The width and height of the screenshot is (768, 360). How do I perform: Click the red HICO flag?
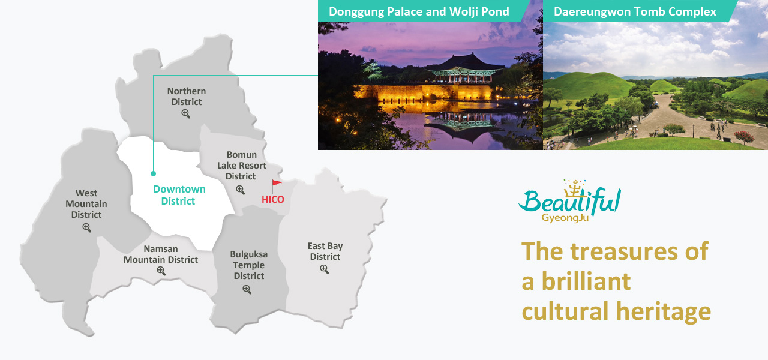click(x=276, y=185)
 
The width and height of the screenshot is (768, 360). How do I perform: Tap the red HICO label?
click(x=273, y=200)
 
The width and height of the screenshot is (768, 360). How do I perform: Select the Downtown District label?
click(x=179, y=195)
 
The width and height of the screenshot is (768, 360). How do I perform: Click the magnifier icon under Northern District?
click(x=186, y=114)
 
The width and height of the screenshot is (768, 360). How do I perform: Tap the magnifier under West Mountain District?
click(x=87, y=227)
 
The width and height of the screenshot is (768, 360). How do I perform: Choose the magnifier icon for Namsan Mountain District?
click(x=161, y=271)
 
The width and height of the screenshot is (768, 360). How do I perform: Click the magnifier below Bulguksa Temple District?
click(x=247, y=290)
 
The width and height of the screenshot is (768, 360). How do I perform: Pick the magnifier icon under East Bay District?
click(x=325, y=269)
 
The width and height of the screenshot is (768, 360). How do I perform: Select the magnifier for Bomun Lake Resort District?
click(x=241, y=190)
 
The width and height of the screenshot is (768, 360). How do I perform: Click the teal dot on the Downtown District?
click(x=153, y=174)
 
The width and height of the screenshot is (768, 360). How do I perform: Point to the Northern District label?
click(x=187, y=97)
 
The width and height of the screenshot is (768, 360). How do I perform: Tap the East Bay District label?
click(x=325, y=251)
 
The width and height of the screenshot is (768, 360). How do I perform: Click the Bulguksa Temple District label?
click(x=249, y=265)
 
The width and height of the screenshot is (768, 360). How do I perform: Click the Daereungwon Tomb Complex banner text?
click(x=635, y=11)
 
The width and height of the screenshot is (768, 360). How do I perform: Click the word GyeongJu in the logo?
click(x=565, y=218)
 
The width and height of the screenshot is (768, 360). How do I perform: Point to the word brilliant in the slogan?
click(x=586, y=281)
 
